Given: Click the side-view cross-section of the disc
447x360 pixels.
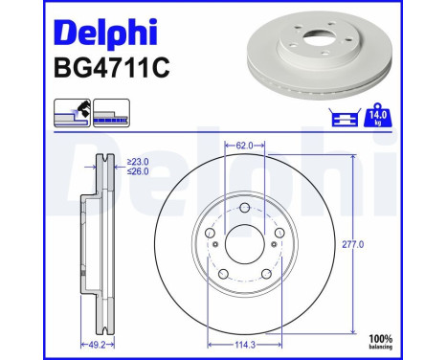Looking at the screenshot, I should tap(99, 244).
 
